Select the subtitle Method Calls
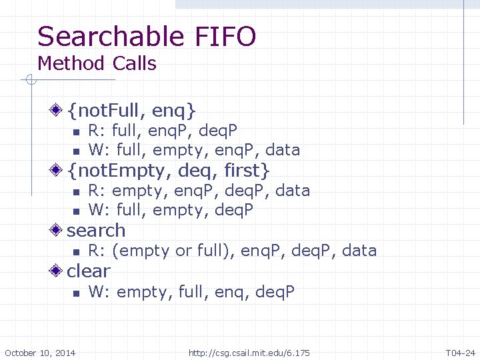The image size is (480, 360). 97,64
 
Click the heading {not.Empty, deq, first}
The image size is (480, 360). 168,170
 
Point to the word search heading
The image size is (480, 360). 96,231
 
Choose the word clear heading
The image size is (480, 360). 89,271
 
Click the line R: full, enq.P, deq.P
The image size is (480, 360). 163,129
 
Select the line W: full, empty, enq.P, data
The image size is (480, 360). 194,149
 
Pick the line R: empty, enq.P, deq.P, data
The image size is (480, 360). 199,191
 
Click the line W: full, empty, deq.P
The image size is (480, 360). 171,211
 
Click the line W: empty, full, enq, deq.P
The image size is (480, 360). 191,292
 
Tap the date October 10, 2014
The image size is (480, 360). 40,352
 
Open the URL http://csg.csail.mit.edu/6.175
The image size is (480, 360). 249,352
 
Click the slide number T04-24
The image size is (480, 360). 460,352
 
